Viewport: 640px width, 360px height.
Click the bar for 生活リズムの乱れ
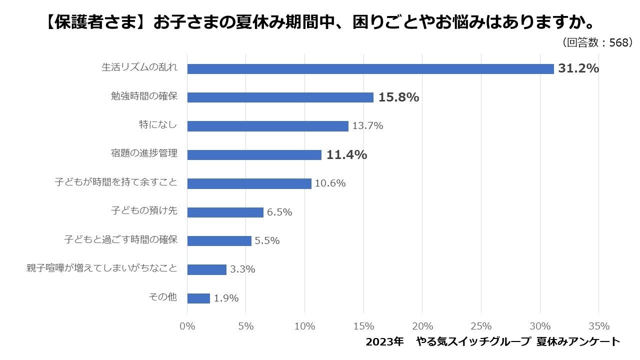(x=370, y=69)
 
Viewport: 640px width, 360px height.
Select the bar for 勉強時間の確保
(x=280, y=97)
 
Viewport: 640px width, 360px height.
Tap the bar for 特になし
(x=267, y=126)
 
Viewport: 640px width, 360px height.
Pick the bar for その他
(x=198, y=298)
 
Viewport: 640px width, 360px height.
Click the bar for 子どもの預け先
(x=225, y=212)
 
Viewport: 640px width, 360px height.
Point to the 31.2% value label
(x=578, y=68)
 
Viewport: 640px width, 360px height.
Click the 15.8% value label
(x=398, y=97)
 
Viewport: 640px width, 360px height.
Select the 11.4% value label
(x=346, y=155)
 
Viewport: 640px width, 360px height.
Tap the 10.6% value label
(x=330, y=183)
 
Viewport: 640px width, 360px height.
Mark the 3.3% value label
(x=242, y=269)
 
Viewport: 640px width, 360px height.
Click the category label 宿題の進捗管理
(x=144, y=153)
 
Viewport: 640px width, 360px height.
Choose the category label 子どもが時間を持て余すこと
(x=116, y=182)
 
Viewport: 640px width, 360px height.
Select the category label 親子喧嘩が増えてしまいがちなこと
(x=101, y=268)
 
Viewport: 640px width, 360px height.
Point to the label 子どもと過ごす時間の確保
(x=120, y=239)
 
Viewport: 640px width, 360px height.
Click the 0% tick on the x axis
(x=187, y=326)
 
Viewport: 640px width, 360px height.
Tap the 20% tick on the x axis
(x=422, y=326)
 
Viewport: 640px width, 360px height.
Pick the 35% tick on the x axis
(x=599, y=326)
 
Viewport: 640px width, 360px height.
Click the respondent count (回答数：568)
(x=598, y=43)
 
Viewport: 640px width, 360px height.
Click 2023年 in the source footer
(x=384, y=342)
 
